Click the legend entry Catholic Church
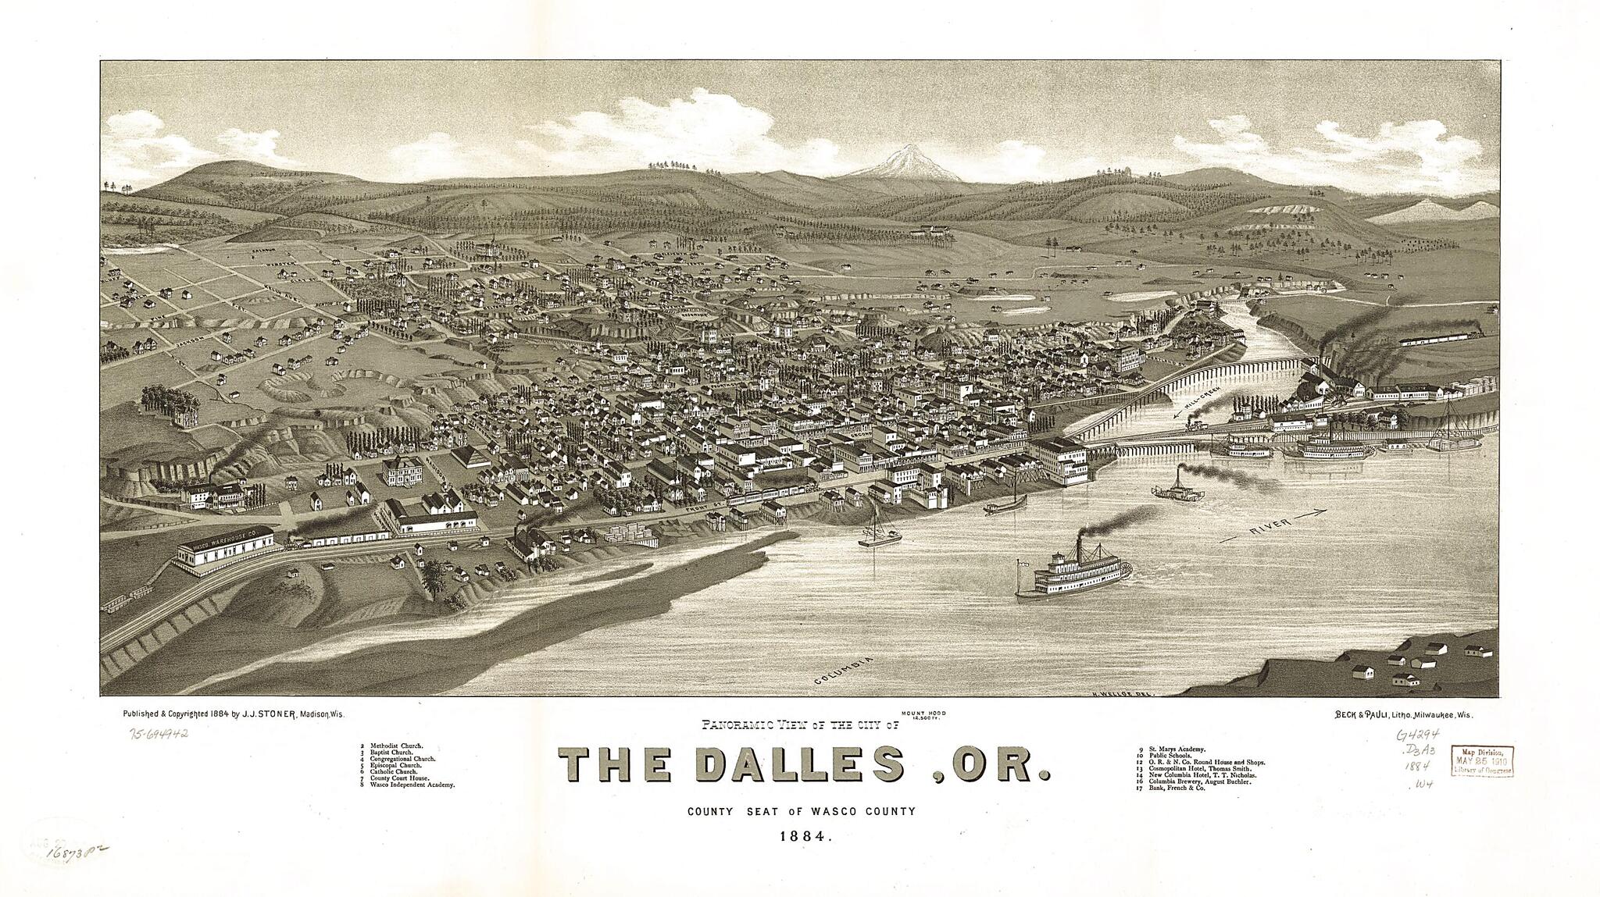point(391,771)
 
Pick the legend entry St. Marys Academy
point(1172,749)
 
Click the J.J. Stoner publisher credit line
point(233,714)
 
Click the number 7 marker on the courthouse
point(968,386)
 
